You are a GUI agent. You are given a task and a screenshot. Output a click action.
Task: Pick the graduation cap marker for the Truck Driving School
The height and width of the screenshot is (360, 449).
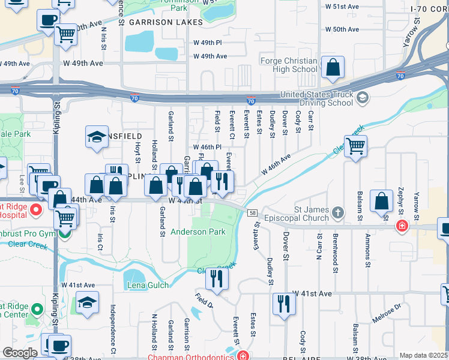(x=362, y=97)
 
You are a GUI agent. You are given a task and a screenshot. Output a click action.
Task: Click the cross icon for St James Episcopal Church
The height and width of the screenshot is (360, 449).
(x=338, y=213)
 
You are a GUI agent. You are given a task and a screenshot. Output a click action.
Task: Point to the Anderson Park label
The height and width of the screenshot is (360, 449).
(x=197, y=232)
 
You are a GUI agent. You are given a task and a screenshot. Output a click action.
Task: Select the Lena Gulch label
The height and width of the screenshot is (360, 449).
(x=148, y=285)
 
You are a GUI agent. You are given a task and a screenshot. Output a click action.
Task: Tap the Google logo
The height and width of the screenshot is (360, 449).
(x=19, y=352)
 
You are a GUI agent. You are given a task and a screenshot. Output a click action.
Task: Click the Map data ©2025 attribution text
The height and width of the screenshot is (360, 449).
(x=423, y=355)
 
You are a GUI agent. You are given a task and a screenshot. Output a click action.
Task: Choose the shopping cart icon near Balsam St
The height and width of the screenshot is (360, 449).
(x=355, y=145)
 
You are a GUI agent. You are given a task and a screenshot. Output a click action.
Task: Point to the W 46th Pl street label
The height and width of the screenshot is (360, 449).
(x=207, y=147)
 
